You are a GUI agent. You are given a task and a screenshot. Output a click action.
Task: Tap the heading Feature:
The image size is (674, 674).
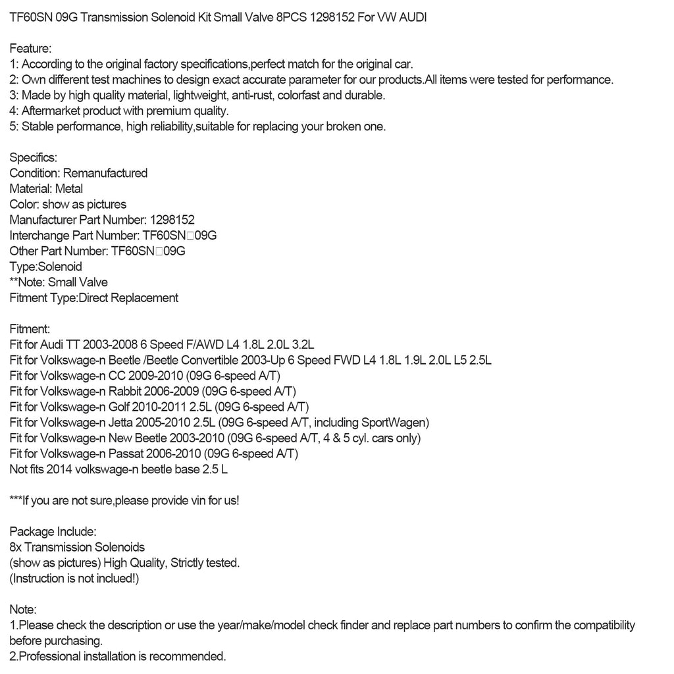pyautogui.click(x=31, y=49)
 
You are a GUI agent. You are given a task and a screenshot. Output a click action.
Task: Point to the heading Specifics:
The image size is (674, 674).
pyautogui.click(x=34, y=158)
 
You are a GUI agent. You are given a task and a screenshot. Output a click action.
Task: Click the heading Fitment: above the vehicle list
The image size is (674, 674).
pyautogui.click(x=30, y=328)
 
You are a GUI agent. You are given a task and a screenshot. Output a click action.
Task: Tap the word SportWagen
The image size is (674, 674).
pyautogui.click(x=396, y=422)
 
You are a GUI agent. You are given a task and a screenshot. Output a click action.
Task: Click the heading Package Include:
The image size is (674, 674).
pyautogui.click(x=53, y=531)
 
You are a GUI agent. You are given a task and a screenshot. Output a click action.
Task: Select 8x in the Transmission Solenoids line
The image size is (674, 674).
pyautogui.click(x=16, y=547)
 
